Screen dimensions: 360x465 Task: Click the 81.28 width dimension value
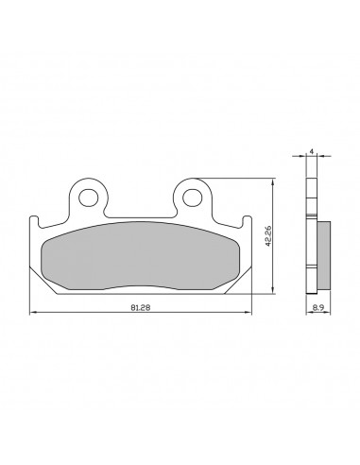(141, 308)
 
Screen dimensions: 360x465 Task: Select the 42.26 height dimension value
(268, 236)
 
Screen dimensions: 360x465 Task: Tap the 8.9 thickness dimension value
(318, 308)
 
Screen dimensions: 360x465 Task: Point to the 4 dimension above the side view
(312, 151)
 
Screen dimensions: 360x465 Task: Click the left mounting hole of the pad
(89, 198)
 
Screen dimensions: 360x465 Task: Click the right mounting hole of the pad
(192, 198)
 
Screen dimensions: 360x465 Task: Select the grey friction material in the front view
(141, 255)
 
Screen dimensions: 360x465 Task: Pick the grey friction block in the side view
(324, 255)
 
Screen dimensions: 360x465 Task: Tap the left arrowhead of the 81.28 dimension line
(32, 312)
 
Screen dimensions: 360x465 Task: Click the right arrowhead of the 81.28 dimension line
(249, 312)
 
